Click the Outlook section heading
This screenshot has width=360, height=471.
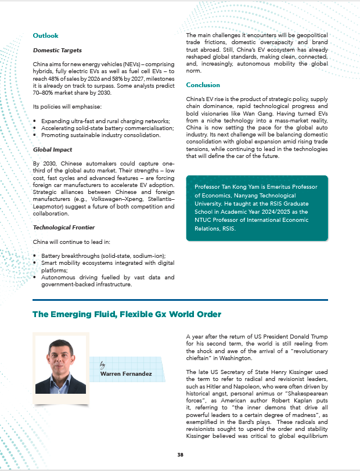tap(45, 36)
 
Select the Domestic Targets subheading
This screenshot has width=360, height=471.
tap(57, 51)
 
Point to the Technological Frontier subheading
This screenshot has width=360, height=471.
tap(64, 227)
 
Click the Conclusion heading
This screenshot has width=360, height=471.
tap(203, 85)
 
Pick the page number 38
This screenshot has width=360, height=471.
tap(180, 454)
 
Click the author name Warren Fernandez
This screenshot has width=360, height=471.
tap(126, 374)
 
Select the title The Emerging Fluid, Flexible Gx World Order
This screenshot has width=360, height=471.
tap(127, 314)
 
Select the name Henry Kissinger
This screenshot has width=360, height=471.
tap(284, 371)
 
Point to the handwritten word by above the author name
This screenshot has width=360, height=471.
tap(103, 365)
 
